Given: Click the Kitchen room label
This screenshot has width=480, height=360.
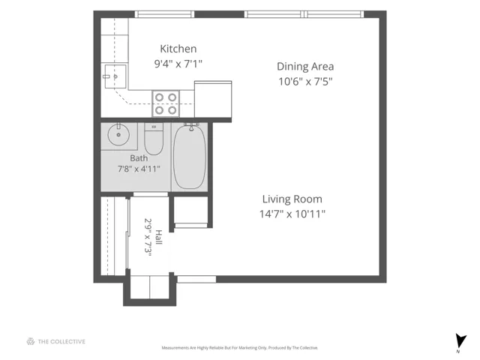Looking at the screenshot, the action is (x=178, y=49).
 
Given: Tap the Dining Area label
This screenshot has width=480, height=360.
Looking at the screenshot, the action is (x=305, y=67).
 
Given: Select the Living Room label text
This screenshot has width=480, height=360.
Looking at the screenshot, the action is (x=292, y=199).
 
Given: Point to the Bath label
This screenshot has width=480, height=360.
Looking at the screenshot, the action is (x=139, y=158).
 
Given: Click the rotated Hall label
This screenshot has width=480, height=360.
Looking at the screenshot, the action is (x=158, y=237).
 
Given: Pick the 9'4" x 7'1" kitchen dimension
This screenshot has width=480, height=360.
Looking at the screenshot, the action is (x=178, y=64).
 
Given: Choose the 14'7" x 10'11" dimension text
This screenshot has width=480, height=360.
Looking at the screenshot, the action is (x=292, y=214).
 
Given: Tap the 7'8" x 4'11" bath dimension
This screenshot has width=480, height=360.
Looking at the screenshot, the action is (x=139, y=169).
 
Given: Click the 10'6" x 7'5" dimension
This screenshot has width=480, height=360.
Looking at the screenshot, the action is (x=305, y=82).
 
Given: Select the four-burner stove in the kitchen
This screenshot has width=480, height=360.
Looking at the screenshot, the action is (x=166, y=103).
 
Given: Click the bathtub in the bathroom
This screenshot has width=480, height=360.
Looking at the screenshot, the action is (x=190, y=157).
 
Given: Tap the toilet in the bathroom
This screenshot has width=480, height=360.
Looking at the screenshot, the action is (x=154, y=139).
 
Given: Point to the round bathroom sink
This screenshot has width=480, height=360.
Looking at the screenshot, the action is (x=118, y=134).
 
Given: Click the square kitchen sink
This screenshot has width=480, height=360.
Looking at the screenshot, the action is (x=115, y=76).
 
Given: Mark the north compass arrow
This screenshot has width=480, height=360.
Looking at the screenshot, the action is (x=460, y=341).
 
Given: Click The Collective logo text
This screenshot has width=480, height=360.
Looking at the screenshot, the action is (x=61, y=342).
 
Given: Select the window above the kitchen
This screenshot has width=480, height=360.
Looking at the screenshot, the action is (x=164, y=14).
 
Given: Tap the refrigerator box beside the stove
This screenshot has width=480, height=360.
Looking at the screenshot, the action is (x=213, y=99).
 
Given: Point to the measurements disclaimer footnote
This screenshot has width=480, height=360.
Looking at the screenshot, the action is (x=240, y=348).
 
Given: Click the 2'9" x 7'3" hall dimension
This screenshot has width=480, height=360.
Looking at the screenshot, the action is (x=148, y=236).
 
